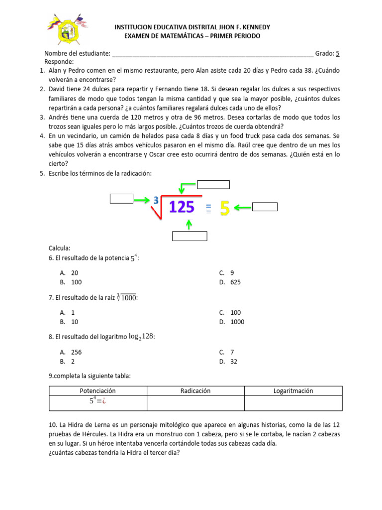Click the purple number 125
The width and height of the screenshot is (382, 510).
tap(182, 207)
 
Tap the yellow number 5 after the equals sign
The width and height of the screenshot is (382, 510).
tap(224, 208)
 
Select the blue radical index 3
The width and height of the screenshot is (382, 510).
tap(156, 200)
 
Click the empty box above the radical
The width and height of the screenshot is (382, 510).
tap(213, 185)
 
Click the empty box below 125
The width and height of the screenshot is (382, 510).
tap(190, 236)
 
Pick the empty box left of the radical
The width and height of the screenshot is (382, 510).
tap(121, 199)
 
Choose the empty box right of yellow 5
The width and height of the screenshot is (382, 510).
tap(265, 207)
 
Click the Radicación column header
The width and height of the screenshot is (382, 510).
tap(195, 391)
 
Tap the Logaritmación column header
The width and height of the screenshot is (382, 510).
tap(293, 391)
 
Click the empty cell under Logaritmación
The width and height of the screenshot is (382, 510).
tap(293, 402)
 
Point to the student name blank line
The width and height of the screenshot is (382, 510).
tap(213, 54)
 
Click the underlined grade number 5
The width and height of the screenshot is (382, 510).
tap(338, 53)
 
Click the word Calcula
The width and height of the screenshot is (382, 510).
tap(59, 248)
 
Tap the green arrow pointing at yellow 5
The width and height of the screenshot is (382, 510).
tap(243, 208)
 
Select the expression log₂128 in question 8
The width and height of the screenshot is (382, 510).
tap(142, 337)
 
